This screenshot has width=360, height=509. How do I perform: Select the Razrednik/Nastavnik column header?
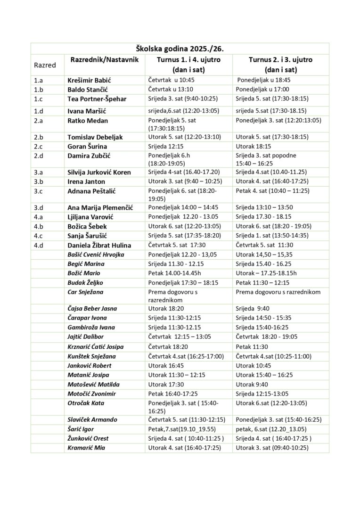point(104,60)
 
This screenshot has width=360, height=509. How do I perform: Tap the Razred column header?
point(45,65)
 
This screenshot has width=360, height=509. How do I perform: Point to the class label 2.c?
point(39,146)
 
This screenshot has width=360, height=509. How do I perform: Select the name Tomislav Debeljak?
point(95,137)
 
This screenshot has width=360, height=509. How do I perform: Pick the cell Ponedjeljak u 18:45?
point(264,80)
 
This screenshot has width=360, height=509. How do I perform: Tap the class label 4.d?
point(39,245)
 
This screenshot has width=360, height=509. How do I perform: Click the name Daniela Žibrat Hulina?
point(99,245)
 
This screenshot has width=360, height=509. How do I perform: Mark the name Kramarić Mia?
point(86,447)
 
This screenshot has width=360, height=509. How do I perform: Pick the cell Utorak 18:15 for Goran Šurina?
point(252,146)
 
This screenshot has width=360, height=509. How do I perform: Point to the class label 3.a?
point(39,172)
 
